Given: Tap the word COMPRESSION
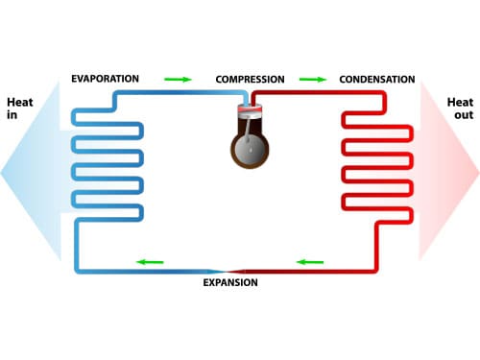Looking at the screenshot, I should tap(250, 79).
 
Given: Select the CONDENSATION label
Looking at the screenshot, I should tap(377, 79).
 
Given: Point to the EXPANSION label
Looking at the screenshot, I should tap(230, 283).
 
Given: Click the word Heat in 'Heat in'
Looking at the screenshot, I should tap(20, 101).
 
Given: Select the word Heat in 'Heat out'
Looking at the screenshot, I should tap(460, 101).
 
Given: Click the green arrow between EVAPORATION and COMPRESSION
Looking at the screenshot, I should tap(178, 79).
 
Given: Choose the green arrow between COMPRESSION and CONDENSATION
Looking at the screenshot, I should tap(313, 79).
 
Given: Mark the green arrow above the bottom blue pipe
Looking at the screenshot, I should tap(149, 261).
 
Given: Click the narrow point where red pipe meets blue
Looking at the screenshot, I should tap(224, 272).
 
